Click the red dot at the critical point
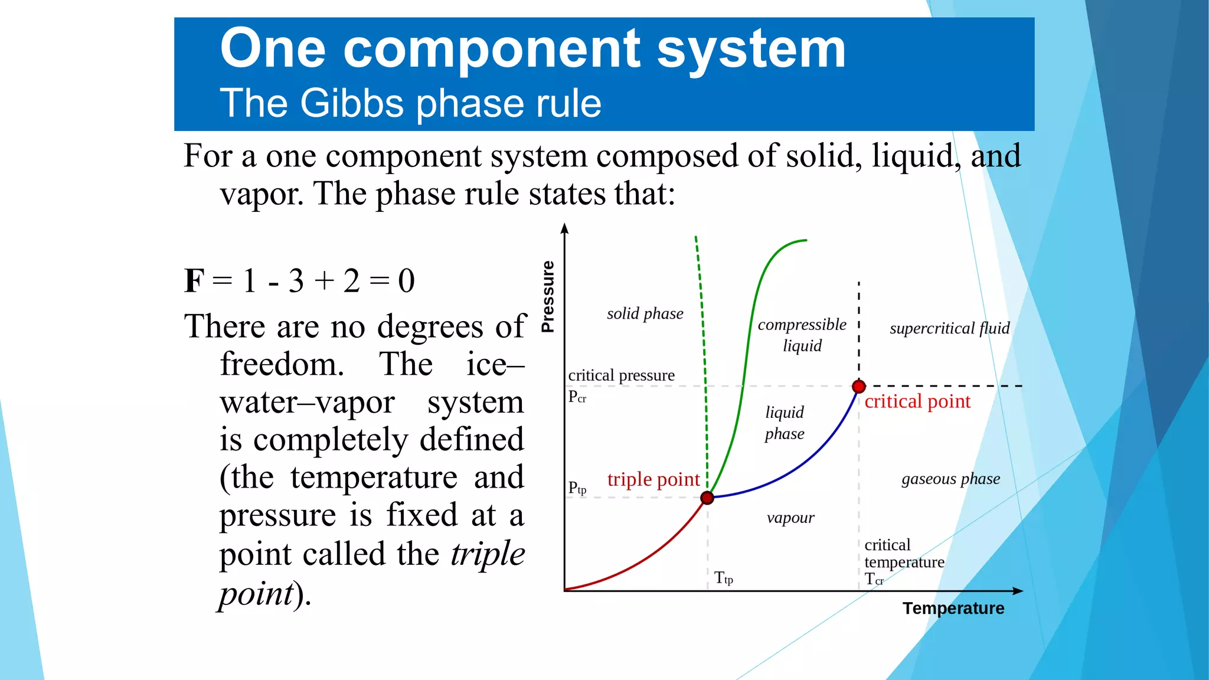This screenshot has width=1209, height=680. [859, 387]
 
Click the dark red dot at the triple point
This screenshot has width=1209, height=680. [707, 498]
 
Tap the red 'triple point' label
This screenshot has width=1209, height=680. [653, 479]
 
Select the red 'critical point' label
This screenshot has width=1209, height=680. [917, 401]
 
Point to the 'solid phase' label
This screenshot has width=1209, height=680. [645, 313]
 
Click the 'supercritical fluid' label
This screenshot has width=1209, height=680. [949, 328]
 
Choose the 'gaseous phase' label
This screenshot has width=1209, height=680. [950, 479]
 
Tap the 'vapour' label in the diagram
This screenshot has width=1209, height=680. [790, 518]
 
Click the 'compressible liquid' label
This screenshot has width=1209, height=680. [802, 335]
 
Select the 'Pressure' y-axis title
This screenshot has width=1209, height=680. [548, 296]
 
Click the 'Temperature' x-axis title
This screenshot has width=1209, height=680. [953, 608]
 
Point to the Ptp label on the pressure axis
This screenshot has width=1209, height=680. [577, 488]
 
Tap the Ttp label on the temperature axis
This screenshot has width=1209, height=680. [723, 578]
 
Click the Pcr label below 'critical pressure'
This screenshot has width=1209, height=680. [577, 397]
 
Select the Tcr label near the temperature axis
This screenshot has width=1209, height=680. [874, 580]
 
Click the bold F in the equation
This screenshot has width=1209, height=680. [194, 280]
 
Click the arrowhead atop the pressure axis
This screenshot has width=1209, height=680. [565, 228]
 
